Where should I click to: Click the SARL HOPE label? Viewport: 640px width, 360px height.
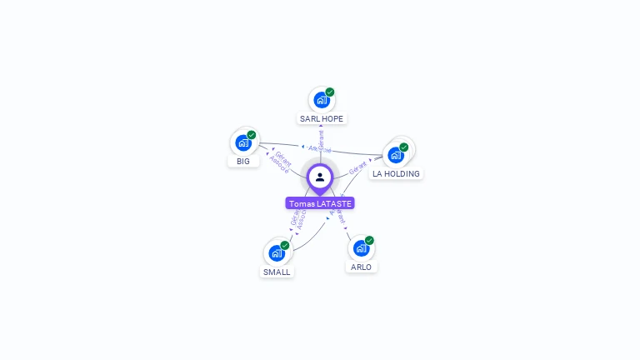click(322, 119)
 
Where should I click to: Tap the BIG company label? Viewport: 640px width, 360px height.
click(242, 161)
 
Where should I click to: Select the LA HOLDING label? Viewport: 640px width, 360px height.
click(396, 174)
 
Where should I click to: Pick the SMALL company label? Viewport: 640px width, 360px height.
click(277, 272)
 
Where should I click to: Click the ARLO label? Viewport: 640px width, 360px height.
click(361, 267)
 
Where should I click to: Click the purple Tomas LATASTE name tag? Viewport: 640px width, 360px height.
click(320, 203)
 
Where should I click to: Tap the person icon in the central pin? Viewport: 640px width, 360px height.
click(320, 177)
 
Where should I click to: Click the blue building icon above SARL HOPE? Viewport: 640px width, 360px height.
click(321, 101)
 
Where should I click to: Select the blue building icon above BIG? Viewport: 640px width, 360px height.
click(242, 142)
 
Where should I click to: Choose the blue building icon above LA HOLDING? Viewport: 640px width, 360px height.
click(395, 155)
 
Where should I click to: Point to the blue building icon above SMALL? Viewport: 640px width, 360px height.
click(276, 253)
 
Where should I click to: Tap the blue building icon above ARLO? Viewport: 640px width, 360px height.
click(360, 248)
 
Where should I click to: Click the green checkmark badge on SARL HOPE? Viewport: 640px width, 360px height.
click(330, 92)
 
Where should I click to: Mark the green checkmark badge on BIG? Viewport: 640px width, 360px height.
click(252, 134)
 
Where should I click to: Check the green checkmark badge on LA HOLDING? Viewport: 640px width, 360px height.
click(404, 147)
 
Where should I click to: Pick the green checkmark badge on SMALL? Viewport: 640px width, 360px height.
click(285, 245)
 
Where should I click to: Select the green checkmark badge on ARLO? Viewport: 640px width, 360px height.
click(369, 240)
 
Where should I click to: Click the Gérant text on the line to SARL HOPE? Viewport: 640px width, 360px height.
click(321, 139)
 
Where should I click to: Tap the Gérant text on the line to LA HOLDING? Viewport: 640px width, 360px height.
click(358, 167)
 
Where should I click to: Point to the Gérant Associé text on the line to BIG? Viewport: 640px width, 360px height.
click(281, 162)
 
